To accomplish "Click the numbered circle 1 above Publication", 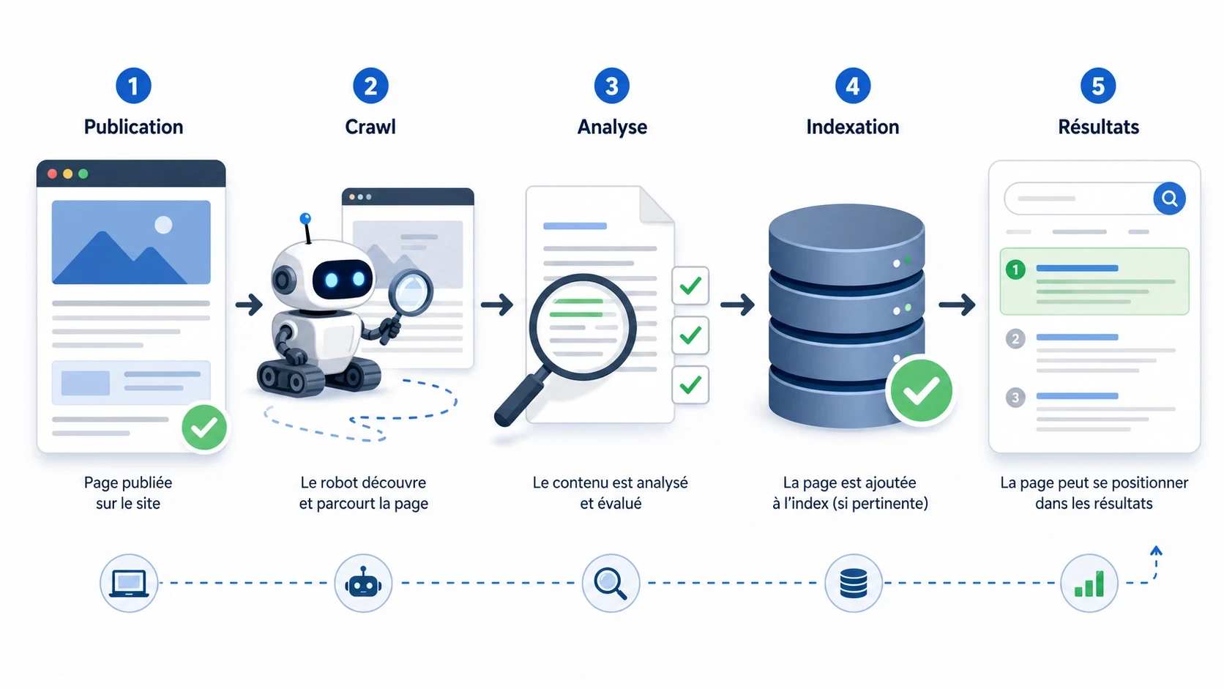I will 133,86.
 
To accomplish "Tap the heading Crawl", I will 370,127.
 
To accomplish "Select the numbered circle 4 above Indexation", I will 853,86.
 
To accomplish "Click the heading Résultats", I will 1098,127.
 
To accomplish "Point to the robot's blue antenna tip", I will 305,218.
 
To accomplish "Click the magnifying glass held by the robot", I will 411,291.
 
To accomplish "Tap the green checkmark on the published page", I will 204,428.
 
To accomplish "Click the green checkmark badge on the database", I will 920,391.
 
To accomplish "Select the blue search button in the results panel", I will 1169,198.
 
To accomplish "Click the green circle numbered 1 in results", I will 1015,270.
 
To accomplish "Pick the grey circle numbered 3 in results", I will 1015,398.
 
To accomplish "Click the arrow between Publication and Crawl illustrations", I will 249,304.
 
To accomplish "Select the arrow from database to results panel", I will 957,304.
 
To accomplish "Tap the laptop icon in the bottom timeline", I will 129,584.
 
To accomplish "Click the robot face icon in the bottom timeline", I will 363,584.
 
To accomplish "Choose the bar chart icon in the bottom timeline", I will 1089,584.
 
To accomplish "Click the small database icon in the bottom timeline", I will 854,584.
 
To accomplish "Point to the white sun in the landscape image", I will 163,225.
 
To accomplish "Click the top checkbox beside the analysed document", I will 690,286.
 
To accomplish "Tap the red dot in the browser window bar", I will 52,174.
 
